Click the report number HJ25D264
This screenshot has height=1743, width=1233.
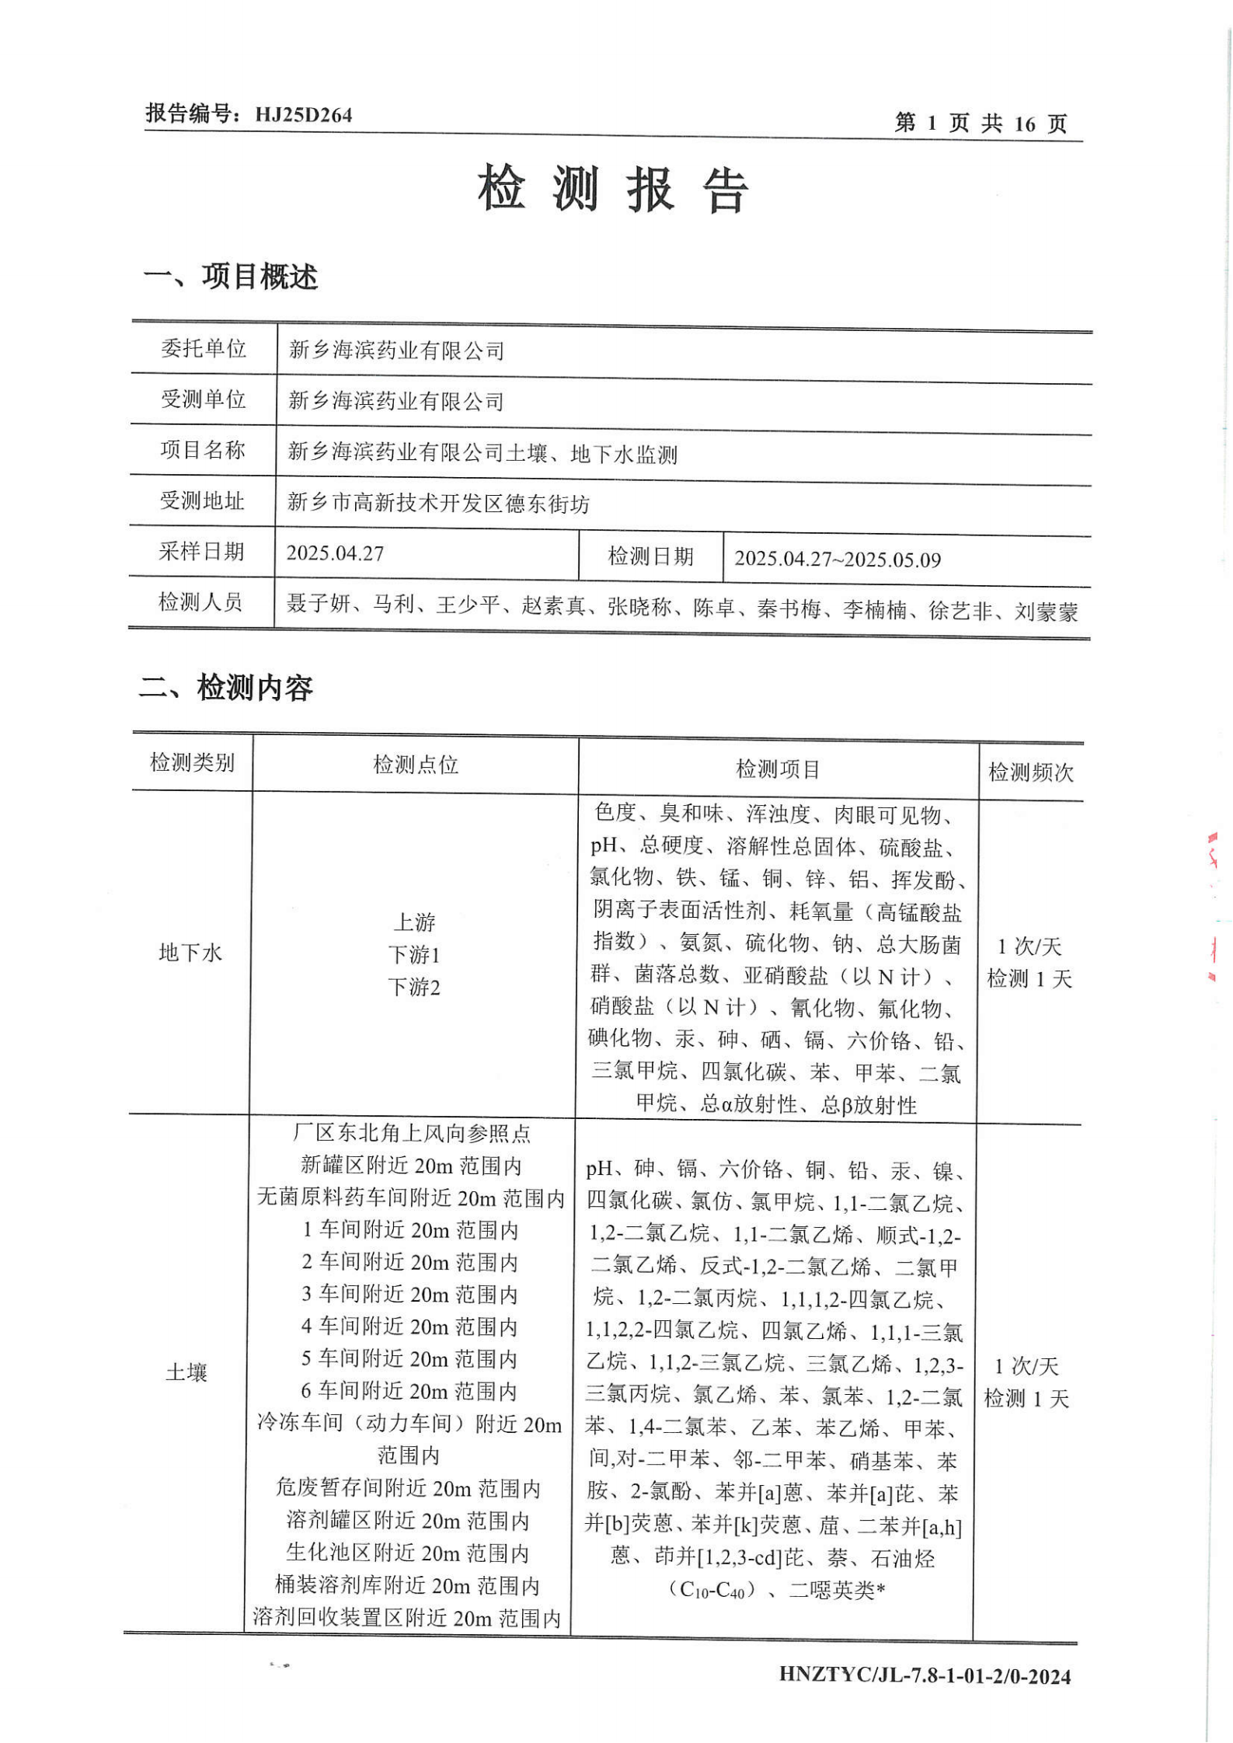303,115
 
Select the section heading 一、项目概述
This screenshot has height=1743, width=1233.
230,277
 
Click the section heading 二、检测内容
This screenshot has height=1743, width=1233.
225,688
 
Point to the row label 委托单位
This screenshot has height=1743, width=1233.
204,349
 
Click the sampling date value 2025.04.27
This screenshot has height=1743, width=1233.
335,553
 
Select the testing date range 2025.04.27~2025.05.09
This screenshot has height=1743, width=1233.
838,559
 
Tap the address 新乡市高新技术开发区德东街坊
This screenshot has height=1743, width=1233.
438,504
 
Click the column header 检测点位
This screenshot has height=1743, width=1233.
416,765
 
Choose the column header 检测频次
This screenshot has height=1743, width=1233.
1030,772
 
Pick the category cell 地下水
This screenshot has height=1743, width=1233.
190,953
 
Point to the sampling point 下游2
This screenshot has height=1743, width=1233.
414,988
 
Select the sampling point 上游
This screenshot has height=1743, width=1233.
414,922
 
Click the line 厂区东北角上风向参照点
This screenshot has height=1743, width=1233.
412,1134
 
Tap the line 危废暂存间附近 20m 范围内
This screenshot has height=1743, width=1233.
408,1487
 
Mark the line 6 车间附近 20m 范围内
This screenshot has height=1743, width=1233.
409,1390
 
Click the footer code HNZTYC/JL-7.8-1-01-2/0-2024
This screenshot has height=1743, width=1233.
925,1675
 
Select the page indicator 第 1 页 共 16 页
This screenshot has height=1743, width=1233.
980,123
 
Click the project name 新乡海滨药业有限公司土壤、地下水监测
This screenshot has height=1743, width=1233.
482,453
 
